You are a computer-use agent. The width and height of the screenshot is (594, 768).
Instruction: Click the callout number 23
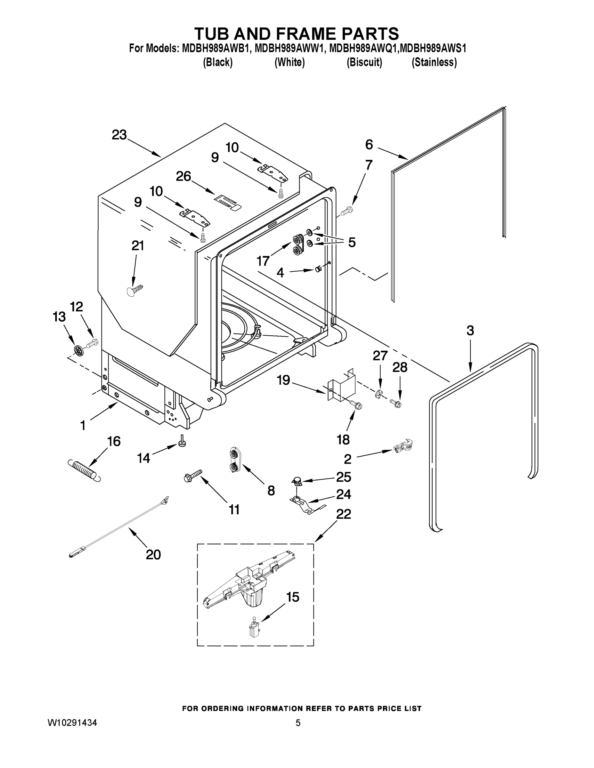[x=119, y=135]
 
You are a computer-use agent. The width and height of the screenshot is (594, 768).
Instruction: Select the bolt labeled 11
[x=193, y=476]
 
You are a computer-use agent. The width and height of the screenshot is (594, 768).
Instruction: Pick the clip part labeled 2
[x=403, y=447]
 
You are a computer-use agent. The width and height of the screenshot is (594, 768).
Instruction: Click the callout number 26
[x=183, y=176]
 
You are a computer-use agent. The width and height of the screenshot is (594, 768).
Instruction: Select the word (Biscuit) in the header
[x=364, y=62]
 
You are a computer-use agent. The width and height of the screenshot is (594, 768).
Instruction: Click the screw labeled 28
[x=396, y=403]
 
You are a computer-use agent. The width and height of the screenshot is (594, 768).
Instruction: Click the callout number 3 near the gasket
[x=470, y=331]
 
